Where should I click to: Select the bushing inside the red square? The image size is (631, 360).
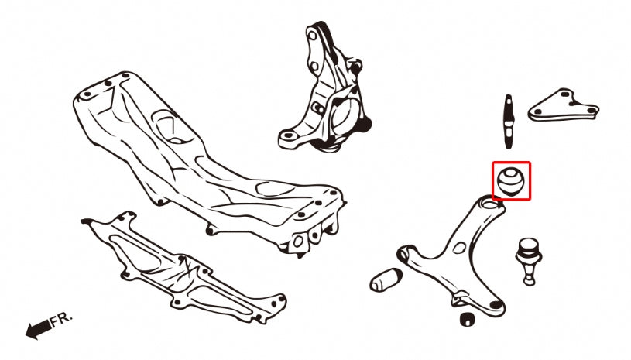click(x=510, y=180)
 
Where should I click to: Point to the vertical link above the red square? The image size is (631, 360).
click(x=509, y=119)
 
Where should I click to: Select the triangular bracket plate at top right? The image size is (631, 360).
click(x=564, y=105)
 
